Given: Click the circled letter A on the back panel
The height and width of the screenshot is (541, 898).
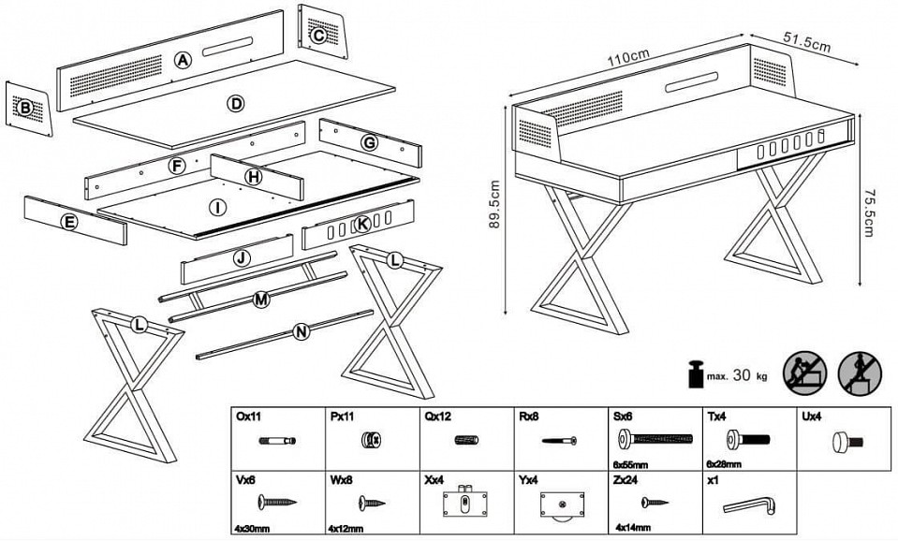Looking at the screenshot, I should pos(183,61).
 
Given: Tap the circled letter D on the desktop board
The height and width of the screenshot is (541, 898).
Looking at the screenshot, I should pos(236,103).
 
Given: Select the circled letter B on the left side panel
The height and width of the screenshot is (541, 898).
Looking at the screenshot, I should pos(25,109).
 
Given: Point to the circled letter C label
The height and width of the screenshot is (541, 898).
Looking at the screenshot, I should pos(318,36).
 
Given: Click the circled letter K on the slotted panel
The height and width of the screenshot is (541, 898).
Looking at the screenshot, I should pos(361,225).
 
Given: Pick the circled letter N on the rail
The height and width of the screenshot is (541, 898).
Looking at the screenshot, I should pos(301,332).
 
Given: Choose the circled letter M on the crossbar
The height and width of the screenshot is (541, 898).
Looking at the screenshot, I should pos(261,300).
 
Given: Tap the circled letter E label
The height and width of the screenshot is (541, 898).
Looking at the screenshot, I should pos(67,222).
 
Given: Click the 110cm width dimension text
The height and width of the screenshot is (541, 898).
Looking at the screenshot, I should pos(626,56).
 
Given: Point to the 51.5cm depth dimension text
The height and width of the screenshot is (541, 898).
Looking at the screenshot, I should pos(807,44).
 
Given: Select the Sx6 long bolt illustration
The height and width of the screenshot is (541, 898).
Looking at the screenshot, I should pos(655,437).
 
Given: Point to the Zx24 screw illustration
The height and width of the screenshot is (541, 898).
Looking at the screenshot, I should pos(653,503).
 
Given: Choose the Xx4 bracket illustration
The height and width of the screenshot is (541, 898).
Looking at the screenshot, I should pos(464,502).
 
